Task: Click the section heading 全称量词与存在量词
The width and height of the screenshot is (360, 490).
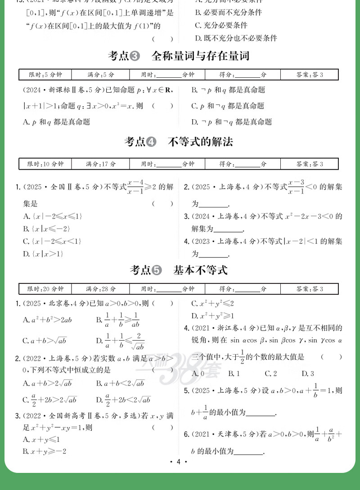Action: [x=200, y=56]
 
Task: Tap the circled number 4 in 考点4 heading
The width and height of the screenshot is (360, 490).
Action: [x=151, y=142]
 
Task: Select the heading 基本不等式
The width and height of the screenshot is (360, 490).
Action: [x=201, y=270]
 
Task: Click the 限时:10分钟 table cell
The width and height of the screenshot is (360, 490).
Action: [x=45, y=164]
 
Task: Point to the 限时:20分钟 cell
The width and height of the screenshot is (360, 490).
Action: [x=45, y=289]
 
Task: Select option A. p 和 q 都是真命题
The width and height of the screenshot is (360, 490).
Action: [x=56, y=121]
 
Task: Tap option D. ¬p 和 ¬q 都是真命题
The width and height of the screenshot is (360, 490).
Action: [x=231, y=121]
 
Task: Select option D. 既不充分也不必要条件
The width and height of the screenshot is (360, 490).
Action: [x=236, y=38]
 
